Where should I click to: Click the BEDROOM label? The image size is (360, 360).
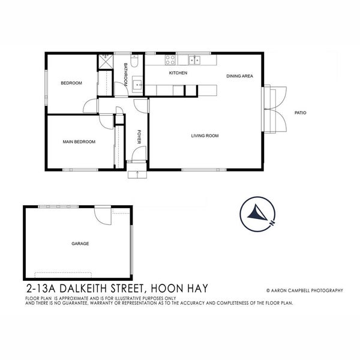click(71, 83)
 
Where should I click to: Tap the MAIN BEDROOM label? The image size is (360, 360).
click(79, 142)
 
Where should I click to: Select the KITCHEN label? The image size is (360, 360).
click(178, 73)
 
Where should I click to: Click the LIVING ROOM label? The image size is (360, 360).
click(205, 136)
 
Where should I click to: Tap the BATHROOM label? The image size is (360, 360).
click(126, 74)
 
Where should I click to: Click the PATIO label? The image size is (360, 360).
click(300, 113)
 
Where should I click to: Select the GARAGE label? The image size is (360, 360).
click(80, 244)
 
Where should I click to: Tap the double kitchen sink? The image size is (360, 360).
click(194, 59)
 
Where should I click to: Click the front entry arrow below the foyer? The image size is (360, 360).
click(137, 174)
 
